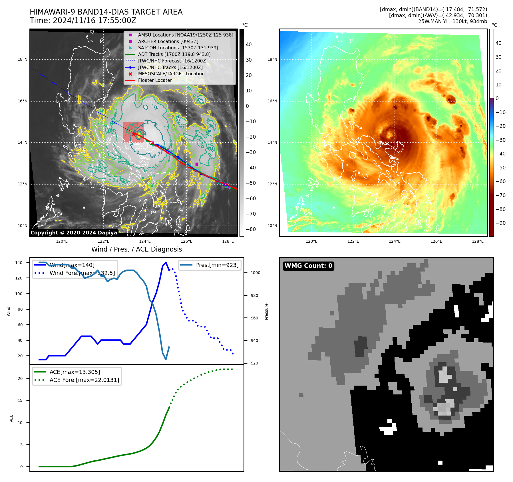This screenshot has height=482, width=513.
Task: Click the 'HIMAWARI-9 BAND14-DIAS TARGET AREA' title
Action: [x=106, y=12]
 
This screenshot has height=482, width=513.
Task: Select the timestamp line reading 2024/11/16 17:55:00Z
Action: [x=83, y=21]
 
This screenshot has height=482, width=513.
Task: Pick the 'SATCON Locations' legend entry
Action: [x=178, y=48]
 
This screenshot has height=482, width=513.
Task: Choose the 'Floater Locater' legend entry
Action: [x=155, y=80]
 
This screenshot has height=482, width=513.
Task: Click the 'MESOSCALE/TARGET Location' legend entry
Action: [x=171, y=74]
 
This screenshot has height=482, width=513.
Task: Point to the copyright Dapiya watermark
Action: [x=74, y=233]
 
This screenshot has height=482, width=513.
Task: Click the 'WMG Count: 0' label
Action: [x=308, y=266]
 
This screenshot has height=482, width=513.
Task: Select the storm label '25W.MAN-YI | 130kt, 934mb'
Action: [x=452, y=21]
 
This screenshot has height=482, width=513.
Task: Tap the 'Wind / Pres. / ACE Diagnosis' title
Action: [x=136, y=249]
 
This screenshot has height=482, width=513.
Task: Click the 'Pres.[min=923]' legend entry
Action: [x=217, y=265]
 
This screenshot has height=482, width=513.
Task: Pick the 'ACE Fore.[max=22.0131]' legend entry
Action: [x=84, y=380]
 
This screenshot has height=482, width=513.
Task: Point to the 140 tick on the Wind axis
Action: [x=19, y=263]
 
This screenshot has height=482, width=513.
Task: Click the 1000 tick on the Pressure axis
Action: [x=256, y=273]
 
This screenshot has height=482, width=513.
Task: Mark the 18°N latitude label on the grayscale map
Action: [x=23, y=60]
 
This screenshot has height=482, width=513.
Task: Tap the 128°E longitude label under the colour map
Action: [x=478, y=241]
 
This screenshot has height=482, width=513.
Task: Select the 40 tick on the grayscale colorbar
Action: [x=249, y=44]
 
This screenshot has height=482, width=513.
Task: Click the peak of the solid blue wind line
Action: [x=166, y=262]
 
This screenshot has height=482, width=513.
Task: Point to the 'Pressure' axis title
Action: [x=266, y=311]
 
